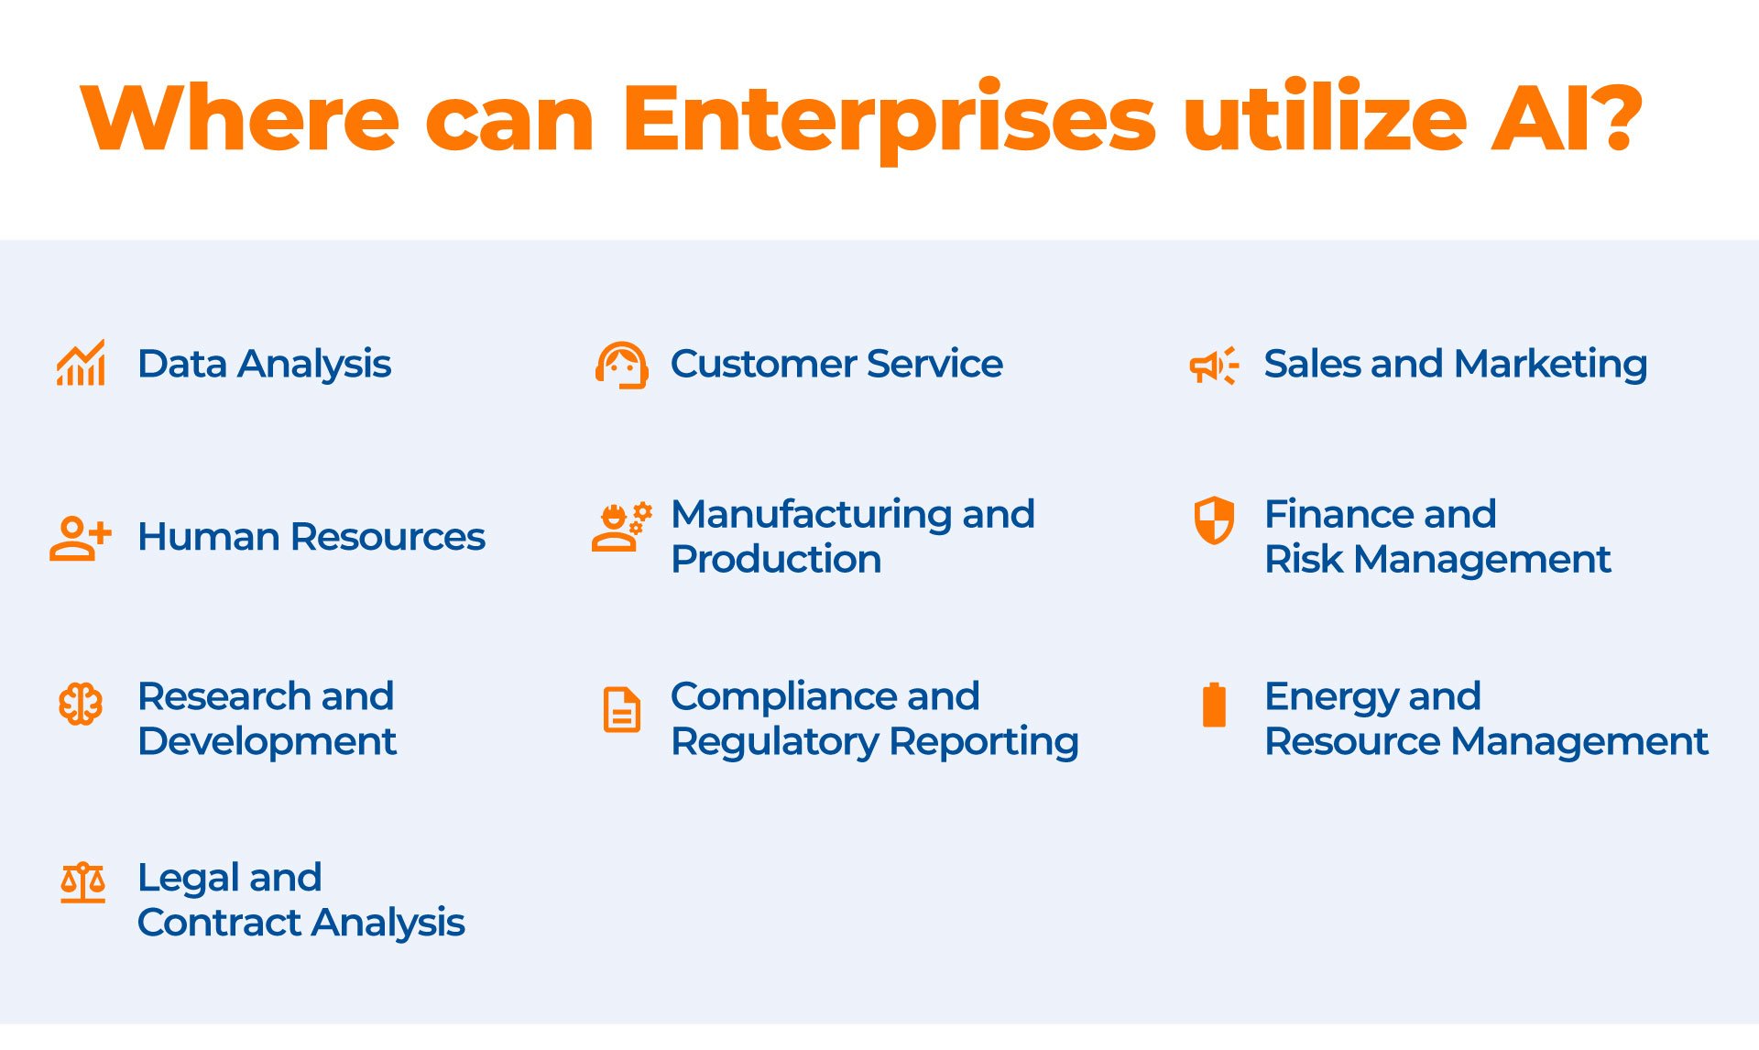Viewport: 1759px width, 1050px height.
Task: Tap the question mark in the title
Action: point(1612,116)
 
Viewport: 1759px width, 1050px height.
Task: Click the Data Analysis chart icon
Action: point(81,363)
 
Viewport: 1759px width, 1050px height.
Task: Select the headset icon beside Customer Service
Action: point(622,366)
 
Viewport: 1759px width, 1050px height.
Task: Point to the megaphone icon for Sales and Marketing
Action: point(1214,366)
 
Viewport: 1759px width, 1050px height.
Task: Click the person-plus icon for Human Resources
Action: point(81,538)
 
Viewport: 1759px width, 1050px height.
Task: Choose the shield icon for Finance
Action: point(1214,520)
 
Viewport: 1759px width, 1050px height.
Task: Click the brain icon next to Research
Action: point(81,704)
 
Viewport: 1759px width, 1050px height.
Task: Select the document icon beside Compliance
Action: point(622,709)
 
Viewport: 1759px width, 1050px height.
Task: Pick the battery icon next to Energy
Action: point(1214,704)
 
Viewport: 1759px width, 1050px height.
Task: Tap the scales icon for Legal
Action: point(82,882)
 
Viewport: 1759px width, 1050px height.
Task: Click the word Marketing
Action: point(1551,365)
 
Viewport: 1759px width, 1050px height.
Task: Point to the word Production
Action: point(776,559)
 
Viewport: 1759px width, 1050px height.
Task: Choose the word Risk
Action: point(1304,559)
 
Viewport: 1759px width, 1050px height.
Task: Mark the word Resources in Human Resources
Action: point(388,537)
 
